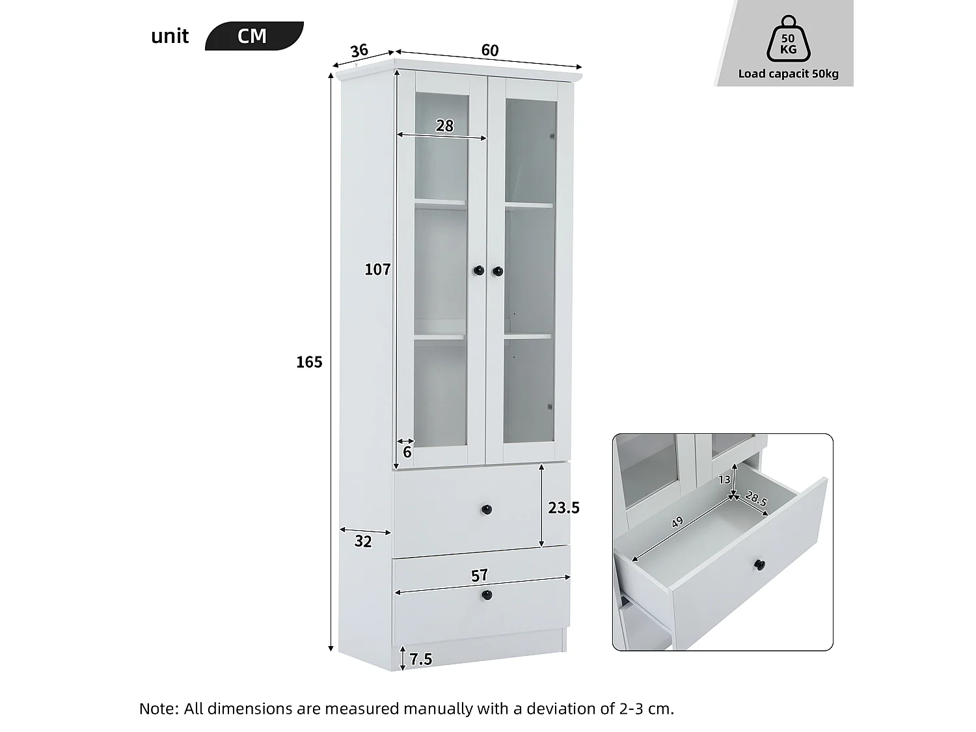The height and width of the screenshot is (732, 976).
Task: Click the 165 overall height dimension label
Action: [x=309, y=362]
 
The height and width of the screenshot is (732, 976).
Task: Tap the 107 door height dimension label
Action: [x=377, y=269]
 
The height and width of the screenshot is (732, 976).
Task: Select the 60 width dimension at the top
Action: [x=490, y=50]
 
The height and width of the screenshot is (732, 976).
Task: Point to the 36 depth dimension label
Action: [x=359, y=50]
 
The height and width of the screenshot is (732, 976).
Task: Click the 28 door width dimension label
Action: [x=444, y=126]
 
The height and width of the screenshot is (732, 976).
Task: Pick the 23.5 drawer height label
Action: [x=563, y=508]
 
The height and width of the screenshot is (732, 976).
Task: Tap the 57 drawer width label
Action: [x=480, y=576]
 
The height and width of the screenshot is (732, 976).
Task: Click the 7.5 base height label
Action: [x=421, y=660]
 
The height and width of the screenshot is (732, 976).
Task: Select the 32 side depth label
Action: [x=363, y=541]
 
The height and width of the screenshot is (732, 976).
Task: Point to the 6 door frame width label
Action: [x=407, y=452]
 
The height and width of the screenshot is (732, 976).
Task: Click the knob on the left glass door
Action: [x=478, y=270]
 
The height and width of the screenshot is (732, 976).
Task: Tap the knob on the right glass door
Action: [x=498, y=270]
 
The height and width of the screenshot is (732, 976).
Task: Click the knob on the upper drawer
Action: [x=487, y=509]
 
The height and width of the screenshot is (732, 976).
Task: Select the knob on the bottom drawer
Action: [x=487, y=595]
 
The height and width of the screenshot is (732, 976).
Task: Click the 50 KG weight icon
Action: [x=788, y=40]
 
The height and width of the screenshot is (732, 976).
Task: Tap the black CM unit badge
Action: [x=253, y=36]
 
